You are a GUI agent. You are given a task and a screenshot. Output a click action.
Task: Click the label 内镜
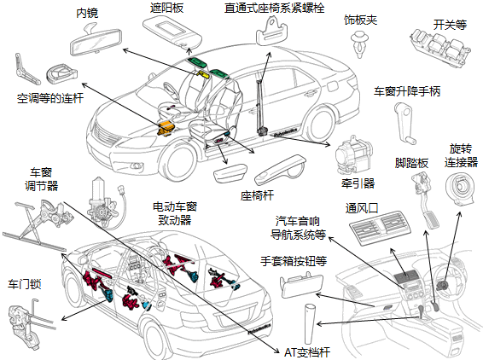(87, 13)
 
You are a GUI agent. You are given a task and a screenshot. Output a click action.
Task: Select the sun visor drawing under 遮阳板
(172, 32)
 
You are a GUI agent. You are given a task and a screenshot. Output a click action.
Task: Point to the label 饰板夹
(360, 20)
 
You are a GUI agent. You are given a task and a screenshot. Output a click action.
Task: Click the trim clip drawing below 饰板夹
(359, 44)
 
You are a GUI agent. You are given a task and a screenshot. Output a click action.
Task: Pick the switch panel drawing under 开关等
(440, 49)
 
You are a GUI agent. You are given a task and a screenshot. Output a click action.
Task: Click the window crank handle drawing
(404, 123)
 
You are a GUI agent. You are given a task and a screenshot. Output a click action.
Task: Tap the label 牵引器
(358, 183)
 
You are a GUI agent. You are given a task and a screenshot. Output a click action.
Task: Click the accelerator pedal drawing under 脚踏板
(426, 200)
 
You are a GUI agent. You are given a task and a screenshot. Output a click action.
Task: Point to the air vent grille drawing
(381, 228)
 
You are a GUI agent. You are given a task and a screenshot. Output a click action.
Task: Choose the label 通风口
(362, 208)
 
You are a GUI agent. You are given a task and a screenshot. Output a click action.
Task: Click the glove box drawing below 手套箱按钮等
(301, 285)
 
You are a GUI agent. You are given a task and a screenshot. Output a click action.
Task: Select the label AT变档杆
(306, 352)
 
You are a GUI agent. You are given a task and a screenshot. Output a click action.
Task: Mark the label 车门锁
(25, 283)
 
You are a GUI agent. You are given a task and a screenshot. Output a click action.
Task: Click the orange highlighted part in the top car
(166, 127)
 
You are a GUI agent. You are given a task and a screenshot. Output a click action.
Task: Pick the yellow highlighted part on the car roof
(203, 74)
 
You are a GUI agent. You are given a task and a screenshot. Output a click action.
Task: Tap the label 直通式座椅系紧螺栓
(274, 8)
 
